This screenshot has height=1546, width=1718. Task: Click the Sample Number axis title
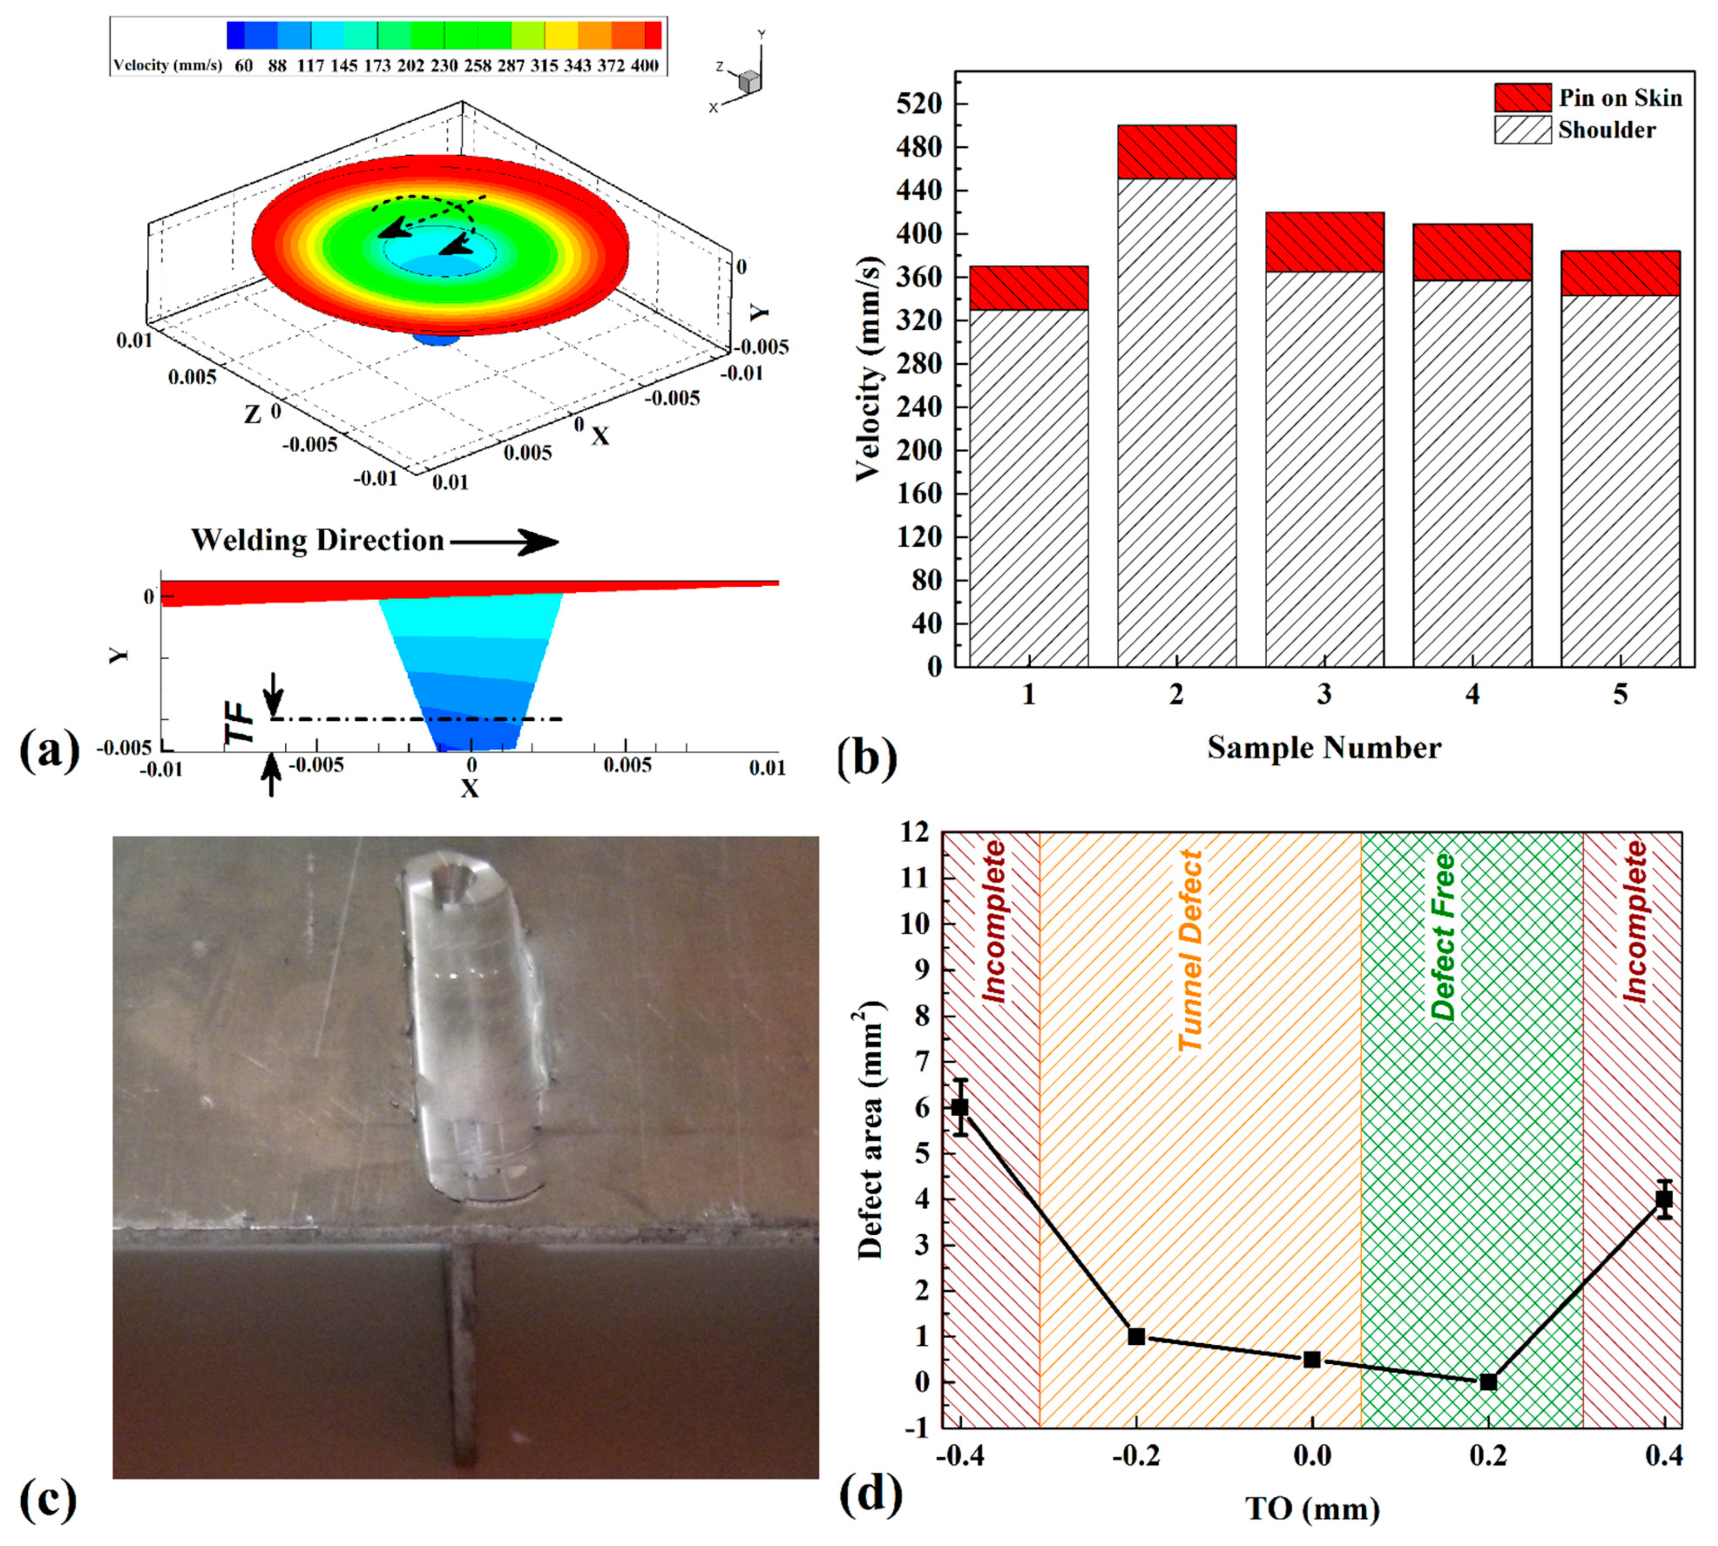pos(1324,747)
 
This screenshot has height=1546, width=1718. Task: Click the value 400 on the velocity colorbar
pos(645,66)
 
